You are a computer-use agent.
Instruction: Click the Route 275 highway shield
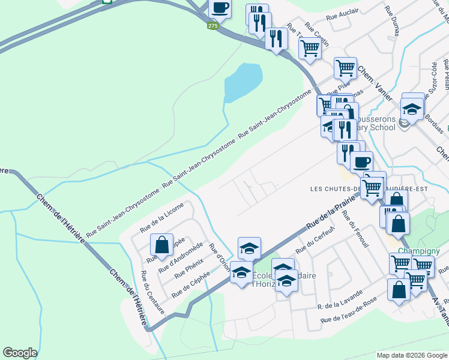[x=213, y=26]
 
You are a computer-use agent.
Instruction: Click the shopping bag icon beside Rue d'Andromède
[x=161, y=245]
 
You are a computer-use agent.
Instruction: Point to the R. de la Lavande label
[x=340, y=299]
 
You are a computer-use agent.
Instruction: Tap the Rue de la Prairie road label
[x=327, y=217]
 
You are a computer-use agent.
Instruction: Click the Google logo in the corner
[x=20, y=353]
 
